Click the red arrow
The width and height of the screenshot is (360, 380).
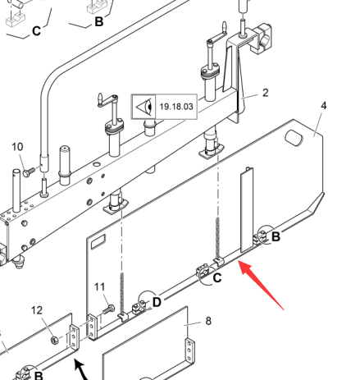[261, 286]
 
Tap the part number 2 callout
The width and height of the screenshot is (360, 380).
[265, 93]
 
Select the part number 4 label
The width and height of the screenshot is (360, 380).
[324, 106]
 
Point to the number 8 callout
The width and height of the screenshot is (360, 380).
[208, 321]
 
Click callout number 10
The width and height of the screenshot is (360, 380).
[17, 147]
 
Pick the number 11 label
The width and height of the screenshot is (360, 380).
[99, 287]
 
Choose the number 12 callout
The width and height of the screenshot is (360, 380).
[37, 310]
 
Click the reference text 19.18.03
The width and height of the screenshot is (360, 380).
[176, 107]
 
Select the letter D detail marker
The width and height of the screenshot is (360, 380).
[157, 302]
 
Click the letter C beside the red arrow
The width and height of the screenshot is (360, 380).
[217, 278]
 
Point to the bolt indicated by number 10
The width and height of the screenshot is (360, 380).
[29, 172]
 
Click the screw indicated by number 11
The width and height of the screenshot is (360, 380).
[109, 309]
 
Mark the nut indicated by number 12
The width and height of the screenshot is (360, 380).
[55, 340]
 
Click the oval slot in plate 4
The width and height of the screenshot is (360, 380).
[294, 138]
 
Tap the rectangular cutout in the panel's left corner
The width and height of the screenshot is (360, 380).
[98, 241]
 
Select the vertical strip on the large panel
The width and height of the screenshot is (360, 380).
[247, 210]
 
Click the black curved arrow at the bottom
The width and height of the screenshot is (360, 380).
[81, 370]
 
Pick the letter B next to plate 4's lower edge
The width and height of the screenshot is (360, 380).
[276, 236]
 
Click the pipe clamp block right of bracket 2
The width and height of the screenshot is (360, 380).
[263, 38]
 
